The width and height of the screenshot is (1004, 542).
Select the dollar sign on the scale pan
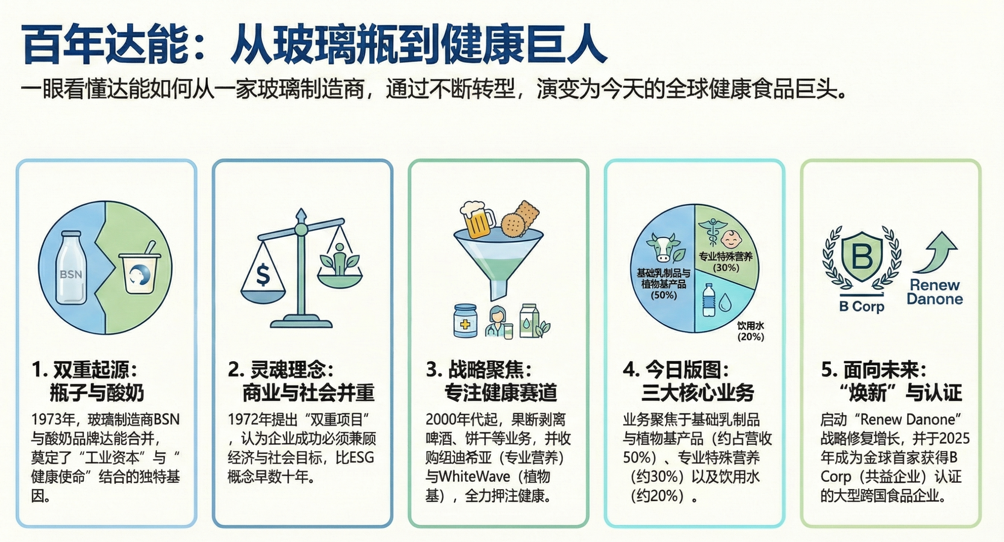(263, 275)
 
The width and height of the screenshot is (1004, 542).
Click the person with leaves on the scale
(339, 259)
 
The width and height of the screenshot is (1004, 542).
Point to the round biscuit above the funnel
(512, 225)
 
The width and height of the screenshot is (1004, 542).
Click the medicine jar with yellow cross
(465, 321)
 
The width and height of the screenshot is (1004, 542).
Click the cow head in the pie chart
(662, 248)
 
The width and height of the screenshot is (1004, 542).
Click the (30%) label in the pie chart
(726, 268)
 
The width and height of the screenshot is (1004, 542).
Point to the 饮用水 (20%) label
(750, 331)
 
